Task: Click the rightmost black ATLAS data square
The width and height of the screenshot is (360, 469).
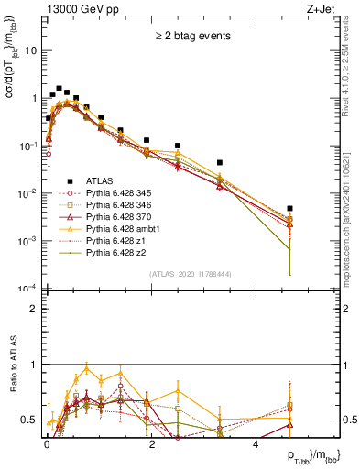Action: pos(289,209)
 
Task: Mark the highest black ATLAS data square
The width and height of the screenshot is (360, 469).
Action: pos(59,89)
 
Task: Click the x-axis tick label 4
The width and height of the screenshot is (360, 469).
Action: pos(256,442)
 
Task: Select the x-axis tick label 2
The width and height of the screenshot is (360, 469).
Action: pos(151,442)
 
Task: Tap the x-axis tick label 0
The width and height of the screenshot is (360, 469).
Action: pos(47,442)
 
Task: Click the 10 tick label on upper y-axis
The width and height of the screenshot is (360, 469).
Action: pos(31,50)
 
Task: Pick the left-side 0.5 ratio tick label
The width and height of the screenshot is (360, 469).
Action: pos(30,420)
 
